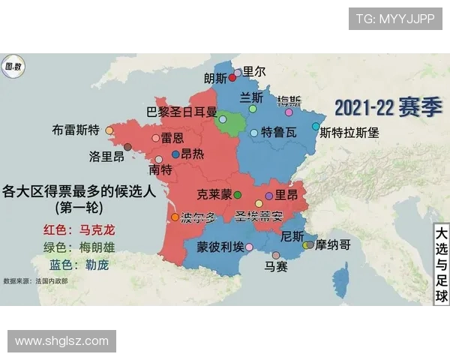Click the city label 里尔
(254, 72)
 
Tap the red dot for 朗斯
(232, 77)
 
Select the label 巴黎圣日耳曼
(181, 112)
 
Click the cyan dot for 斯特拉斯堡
(316, 126)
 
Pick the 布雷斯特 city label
(76, 130)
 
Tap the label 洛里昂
(106, 157)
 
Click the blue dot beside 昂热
(175, 154)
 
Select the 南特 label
(160, 171)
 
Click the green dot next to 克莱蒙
(238, 195)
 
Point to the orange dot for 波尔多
(175, 217)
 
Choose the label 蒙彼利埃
(220, 247)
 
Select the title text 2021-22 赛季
(378, 107)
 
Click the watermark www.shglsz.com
(62, 341)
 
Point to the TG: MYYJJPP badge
(394, 19)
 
